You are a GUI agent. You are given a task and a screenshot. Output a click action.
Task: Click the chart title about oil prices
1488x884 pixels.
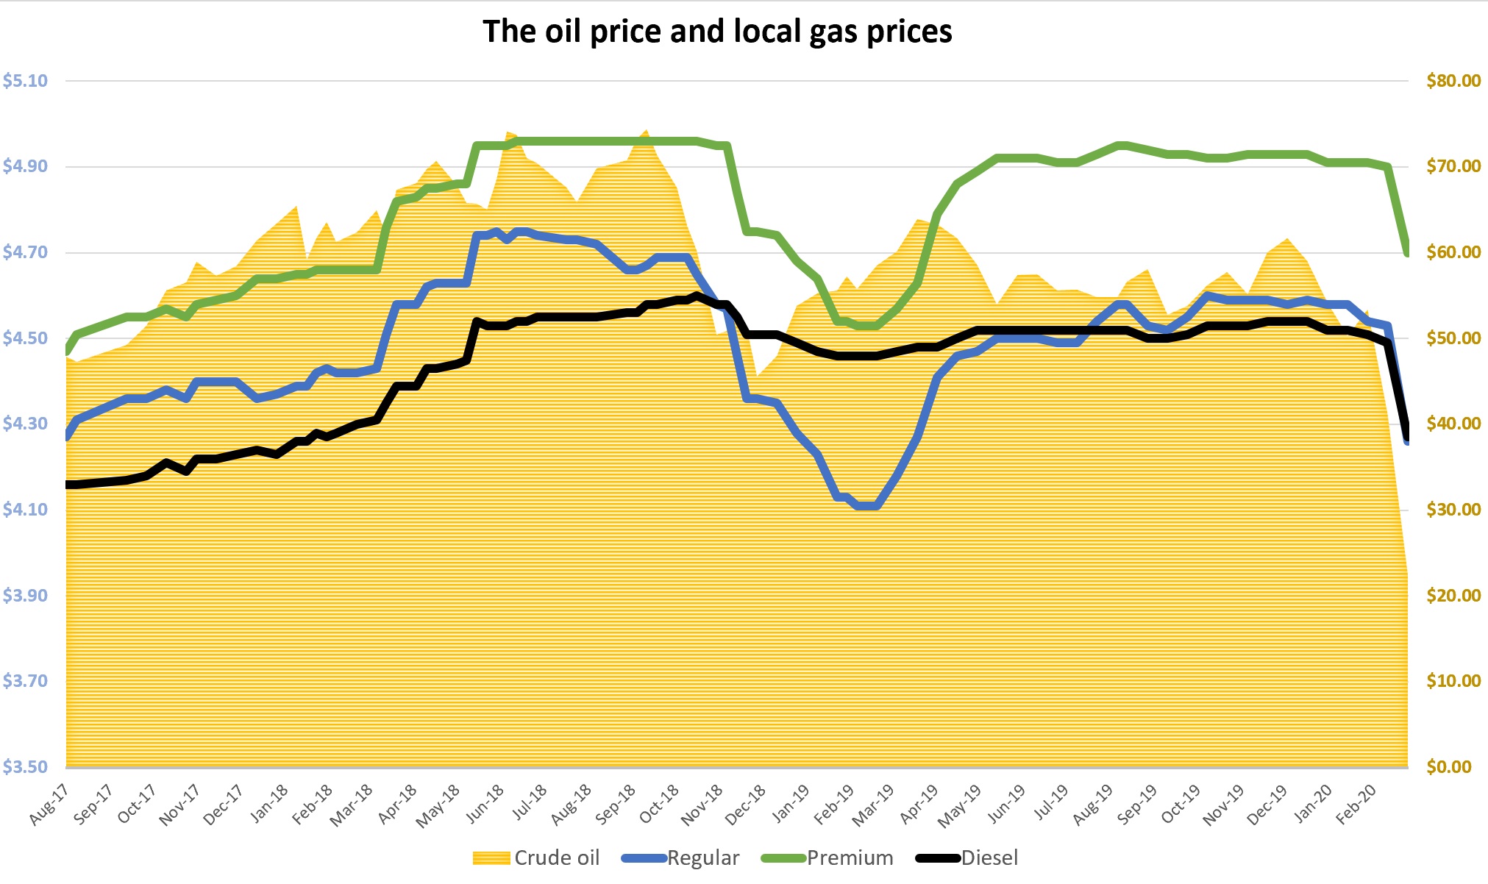717,32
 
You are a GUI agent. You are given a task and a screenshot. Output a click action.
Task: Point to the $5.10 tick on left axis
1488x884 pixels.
26,81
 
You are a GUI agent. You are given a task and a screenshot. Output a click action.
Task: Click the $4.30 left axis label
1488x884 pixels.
26,424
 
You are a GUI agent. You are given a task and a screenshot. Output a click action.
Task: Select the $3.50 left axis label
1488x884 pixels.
26,767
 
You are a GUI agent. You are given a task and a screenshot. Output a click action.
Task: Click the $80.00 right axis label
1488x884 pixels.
1453,81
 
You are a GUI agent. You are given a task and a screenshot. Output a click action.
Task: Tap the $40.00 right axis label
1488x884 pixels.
1453,424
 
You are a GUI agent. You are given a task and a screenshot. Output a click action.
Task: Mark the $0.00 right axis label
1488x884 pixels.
1453,767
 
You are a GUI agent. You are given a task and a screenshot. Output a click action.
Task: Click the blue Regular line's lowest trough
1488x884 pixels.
866,506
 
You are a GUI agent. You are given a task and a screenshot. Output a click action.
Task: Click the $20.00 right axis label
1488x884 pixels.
1453,596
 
